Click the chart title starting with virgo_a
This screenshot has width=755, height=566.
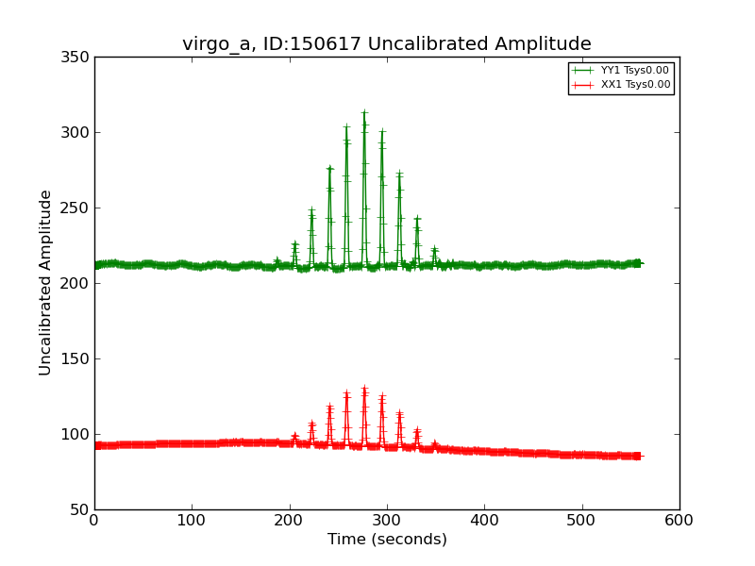click(x=387, y=44)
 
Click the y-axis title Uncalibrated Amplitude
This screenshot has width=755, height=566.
click(x=46, y=282)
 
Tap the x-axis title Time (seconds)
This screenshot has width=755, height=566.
click(x=387, y=540)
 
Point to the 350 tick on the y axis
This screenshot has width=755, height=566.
click(x=78, y=58)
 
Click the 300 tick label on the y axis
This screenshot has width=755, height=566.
click(x=78, y=133)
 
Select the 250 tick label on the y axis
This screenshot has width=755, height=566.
click(x=78, y=208)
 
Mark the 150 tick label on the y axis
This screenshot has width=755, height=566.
click(x=78, y=359)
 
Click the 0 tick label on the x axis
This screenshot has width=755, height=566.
click(x=94, y=520)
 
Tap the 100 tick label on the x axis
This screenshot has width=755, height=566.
click(x=192, y=520)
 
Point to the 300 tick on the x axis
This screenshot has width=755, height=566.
click(x=387, y=520)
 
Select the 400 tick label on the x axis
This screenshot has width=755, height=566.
click(x=484, y=520)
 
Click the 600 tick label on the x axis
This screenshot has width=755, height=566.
click(x=679, y=520)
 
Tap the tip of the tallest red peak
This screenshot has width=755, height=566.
click(x=364, y=388)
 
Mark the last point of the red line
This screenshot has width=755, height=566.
click(x=638, y=456)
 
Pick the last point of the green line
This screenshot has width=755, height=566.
click(x=638, y=263)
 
